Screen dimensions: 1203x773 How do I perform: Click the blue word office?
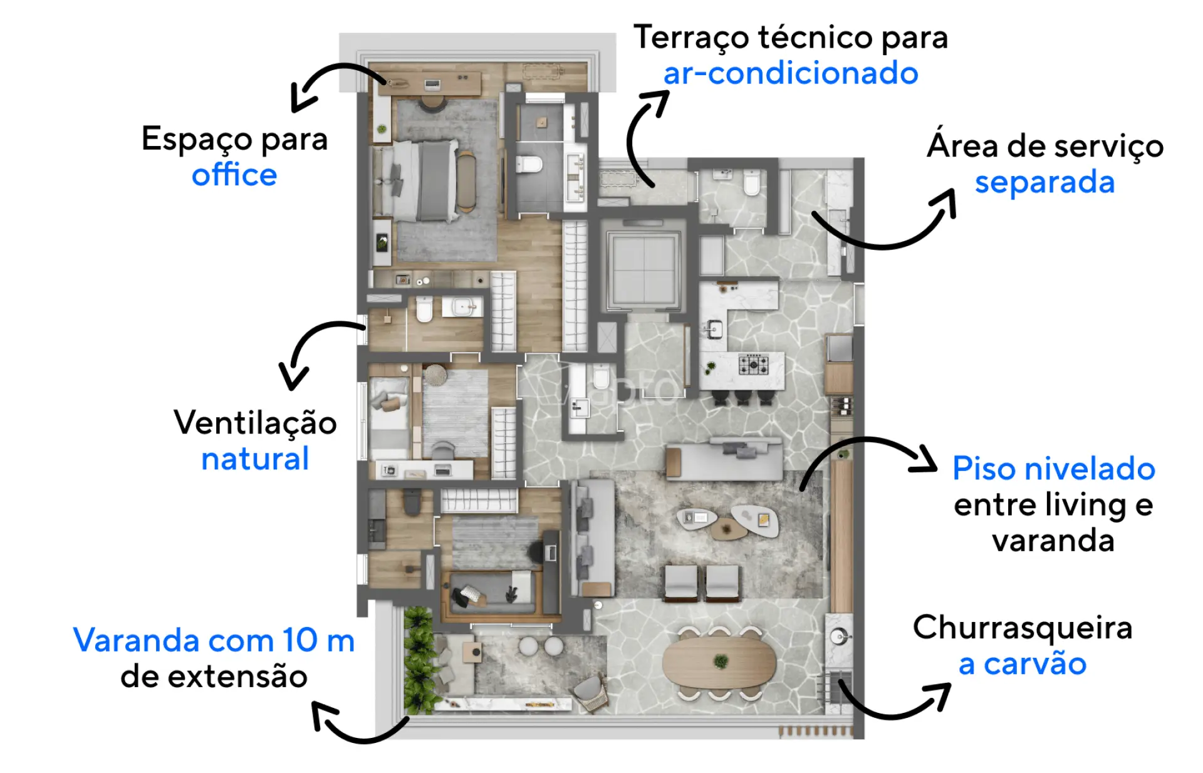click(x=234, y=174)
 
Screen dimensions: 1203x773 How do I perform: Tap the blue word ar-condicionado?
click(x=791, y=73)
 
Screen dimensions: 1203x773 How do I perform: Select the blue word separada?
click(x=1045, y=183)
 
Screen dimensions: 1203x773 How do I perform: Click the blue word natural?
click(x=255, y=459)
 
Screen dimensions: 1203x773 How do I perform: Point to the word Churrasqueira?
click(x=1023, y=627)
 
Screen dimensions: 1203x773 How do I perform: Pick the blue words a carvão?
click(x=1023, y=664)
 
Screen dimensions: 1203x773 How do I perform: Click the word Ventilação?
click(x=255, y=423)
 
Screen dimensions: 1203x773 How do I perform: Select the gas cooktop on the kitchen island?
click(x=753, y=364)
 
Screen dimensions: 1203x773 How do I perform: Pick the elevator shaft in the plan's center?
click(x=643, y=268)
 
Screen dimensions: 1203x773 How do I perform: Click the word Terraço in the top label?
click(x=691, y=38)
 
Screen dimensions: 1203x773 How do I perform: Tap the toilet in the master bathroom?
click(x=529, y=165)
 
